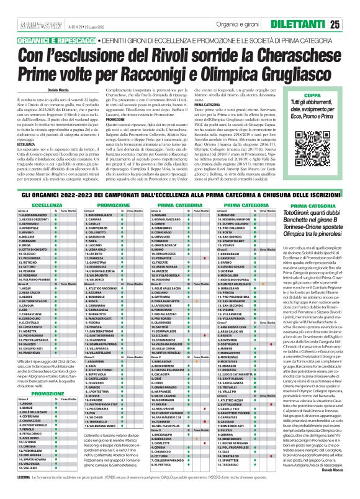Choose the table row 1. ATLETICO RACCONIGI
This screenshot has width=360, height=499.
[102, 288]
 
